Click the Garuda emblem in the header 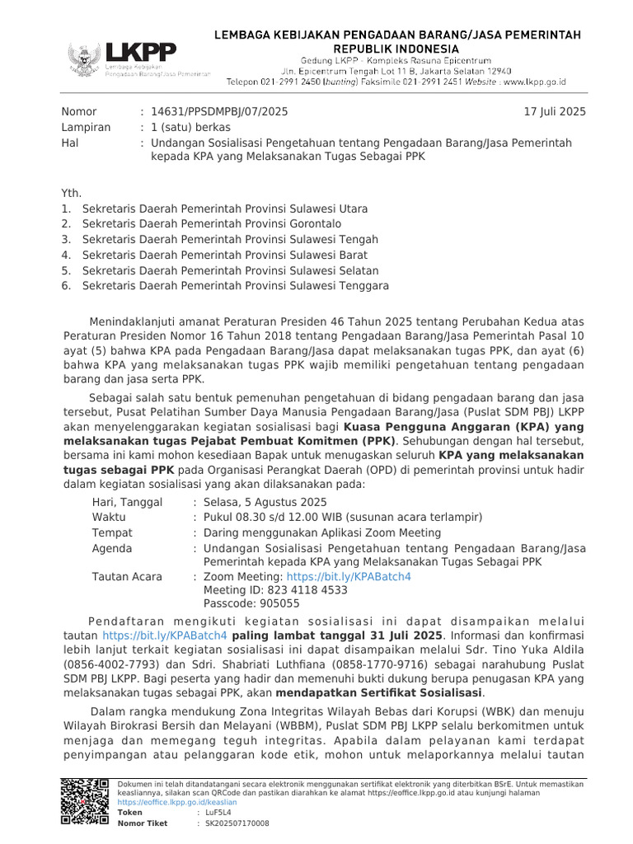pos(84,60)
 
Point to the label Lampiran pos(85,127)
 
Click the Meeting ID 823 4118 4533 pos(275,590)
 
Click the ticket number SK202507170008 pos(237,823)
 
